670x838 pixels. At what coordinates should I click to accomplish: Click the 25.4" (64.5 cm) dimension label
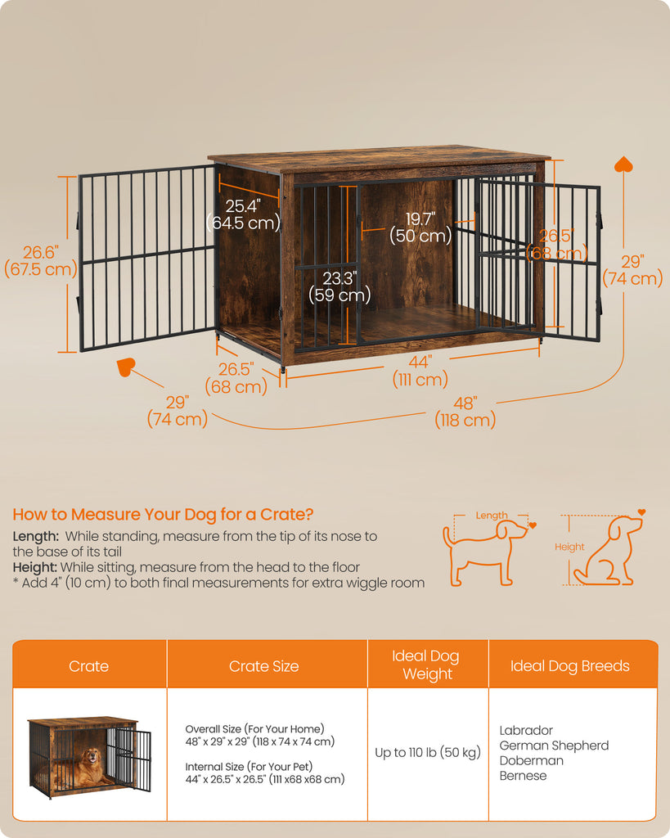[244, 214]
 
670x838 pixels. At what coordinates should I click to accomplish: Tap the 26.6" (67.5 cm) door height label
[41, 261]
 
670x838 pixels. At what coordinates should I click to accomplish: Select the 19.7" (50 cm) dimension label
[420, 228]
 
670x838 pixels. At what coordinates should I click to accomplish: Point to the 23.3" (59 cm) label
[339, 286]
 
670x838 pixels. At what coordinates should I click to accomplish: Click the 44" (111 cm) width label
[420, 371]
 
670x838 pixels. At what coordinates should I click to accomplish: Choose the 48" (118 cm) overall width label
[465, 412]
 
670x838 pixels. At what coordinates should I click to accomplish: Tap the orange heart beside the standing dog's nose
[532, 525]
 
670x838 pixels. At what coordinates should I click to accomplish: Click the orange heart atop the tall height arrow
[623, 164]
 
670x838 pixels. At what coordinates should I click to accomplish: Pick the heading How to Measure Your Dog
[163, 514]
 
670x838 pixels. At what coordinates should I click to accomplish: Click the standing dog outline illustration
[484, 553]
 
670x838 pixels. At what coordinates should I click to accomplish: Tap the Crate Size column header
[264, 666]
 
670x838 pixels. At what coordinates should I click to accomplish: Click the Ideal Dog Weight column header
[426, 665]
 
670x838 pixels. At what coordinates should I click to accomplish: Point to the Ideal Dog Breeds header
[569, 666]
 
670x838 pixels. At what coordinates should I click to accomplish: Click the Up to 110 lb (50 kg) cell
[428, 753]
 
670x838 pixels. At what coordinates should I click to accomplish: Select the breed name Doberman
[531, 760]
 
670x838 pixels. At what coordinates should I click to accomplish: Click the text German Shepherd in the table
[554, 746]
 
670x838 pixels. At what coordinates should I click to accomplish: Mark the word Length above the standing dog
[492, 516]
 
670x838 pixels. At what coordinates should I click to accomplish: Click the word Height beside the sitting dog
[569, 547]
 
